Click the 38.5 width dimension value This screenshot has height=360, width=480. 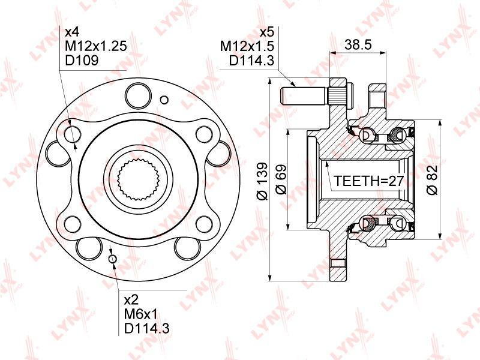click(358, 44)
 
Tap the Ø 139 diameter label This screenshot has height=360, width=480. click(262, 181)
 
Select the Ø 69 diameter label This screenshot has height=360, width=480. click(281, 180)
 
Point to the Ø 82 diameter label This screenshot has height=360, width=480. click(432, 181)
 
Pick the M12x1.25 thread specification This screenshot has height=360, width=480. click(96, 46)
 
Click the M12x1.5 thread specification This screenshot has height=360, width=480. click(247, 47)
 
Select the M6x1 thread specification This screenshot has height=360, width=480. click(141, 314)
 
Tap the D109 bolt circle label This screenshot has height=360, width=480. click(82, 60)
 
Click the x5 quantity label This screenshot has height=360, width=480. click(266, 32)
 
